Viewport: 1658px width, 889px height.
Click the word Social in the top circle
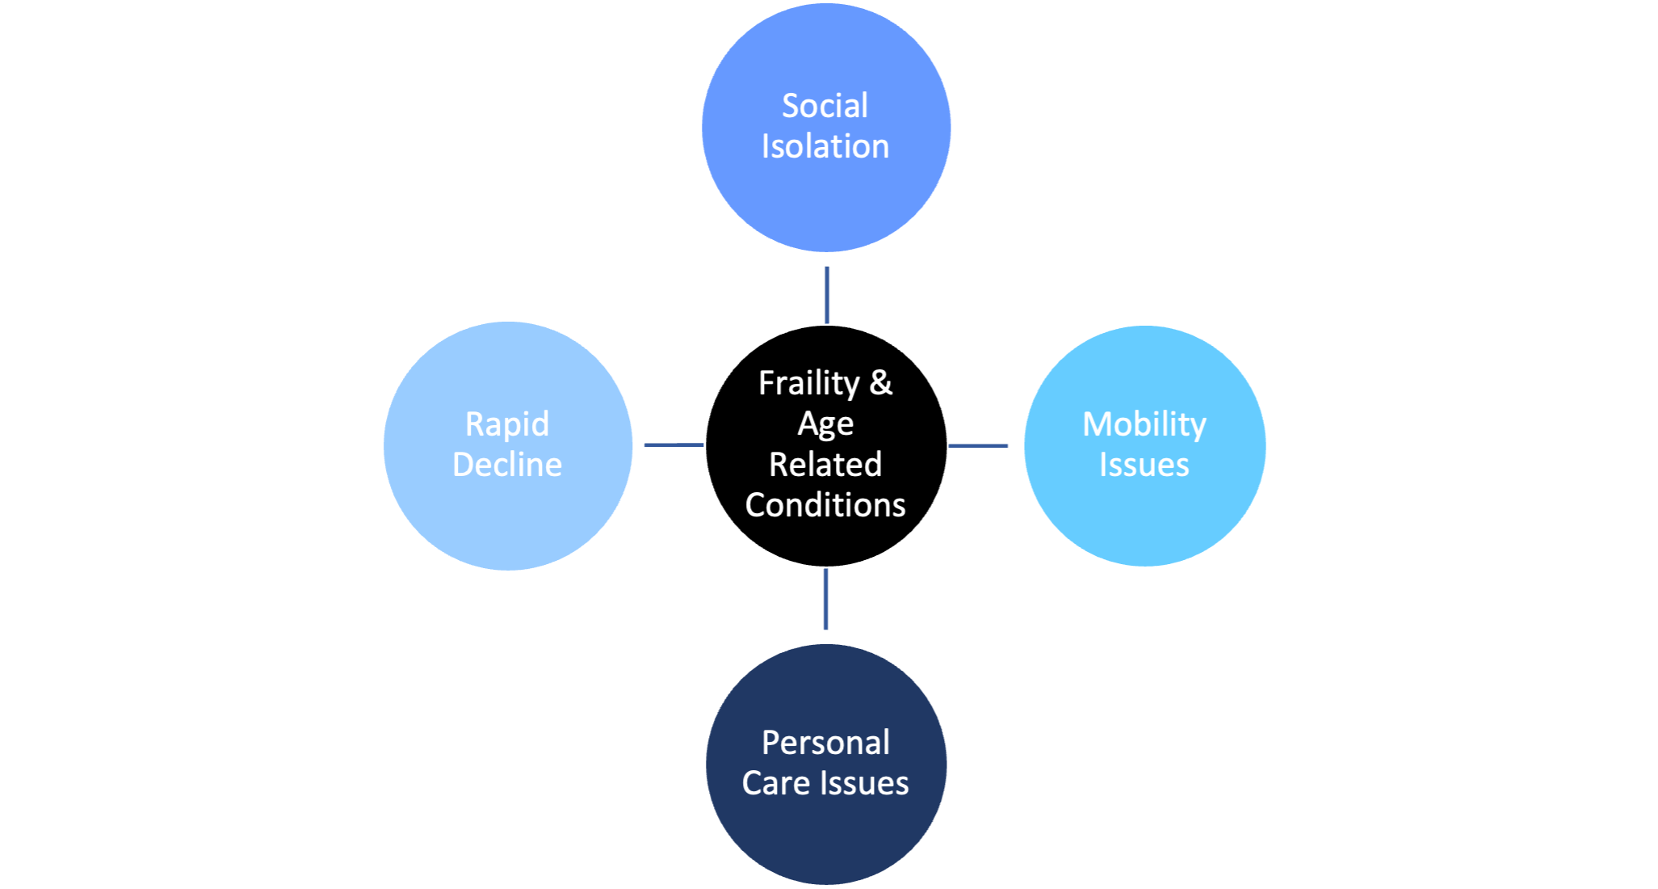[825, 106]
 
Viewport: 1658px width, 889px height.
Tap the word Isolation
[825, 146]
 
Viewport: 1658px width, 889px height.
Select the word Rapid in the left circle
[507, 425]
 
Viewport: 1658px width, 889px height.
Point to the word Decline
[507, 465]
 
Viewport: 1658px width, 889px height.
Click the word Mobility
[1144, 425]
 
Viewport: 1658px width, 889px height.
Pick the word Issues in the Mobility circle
[1144, 465]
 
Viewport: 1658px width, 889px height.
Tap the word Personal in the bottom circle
[825, 743]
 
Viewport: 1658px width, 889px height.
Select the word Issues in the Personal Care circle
[864, 783]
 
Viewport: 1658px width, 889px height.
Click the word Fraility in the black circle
[809, 384]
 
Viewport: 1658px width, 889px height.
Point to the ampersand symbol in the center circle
[881, 383]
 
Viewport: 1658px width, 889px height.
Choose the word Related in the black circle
[825, 465]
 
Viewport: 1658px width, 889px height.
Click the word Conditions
[825, 505]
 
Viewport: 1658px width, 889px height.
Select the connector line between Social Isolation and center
[827, 295]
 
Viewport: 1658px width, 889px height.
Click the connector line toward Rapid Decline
[674, 444]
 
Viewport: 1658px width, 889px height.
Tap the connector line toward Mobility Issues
[978, 445]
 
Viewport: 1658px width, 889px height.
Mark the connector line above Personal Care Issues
[825, 599]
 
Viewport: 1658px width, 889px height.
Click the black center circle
[825, 445]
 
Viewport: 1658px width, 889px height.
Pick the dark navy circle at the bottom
[825, 765]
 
